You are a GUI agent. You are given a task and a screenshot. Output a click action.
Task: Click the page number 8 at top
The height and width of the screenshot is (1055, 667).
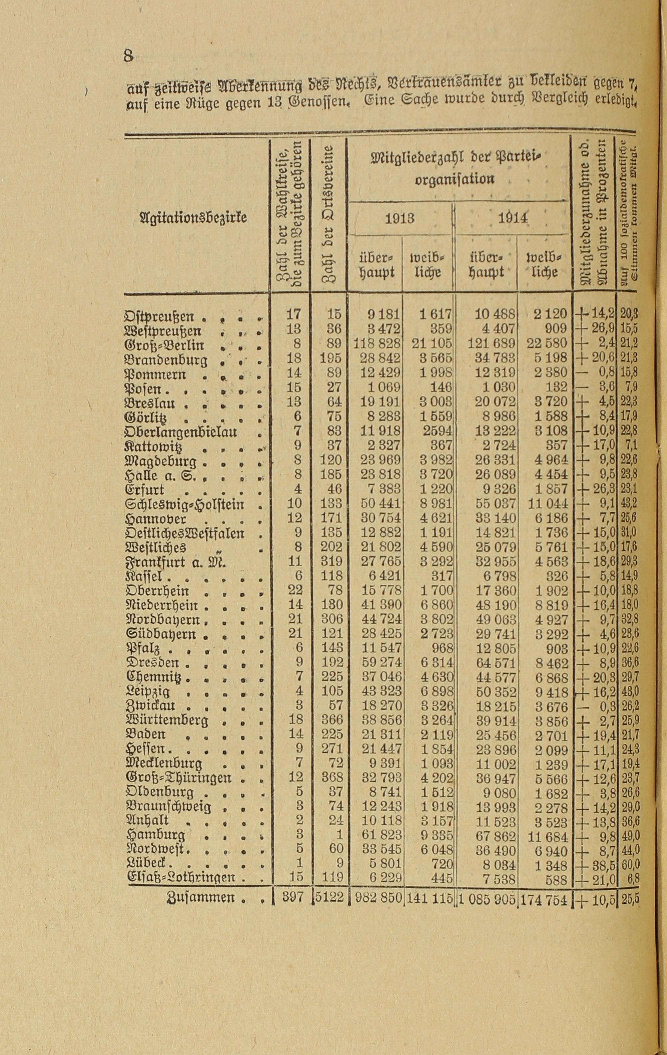coord(128,57)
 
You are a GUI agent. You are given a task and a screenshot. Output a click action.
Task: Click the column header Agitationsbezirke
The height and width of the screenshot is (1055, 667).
coord(192,217)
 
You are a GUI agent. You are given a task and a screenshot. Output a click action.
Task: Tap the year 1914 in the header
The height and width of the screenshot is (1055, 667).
coord(512,218)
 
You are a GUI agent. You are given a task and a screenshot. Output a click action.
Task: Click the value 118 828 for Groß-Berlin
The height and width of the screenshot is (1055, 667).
coord(377,344)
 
